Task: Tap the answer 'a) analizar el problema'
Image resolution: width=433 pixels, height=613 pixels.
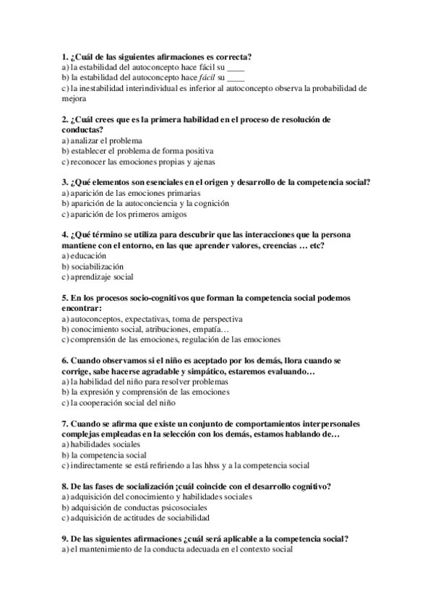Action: (x=102, y=140)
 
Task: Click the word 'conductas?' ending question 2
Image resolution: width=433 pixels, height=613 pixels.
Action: (x=82, y=129)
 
